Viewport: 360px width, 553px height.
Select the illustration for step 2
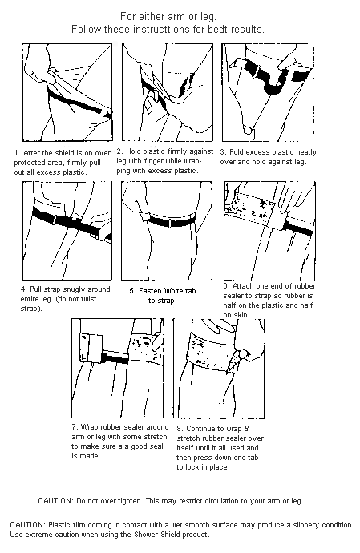[160, 92]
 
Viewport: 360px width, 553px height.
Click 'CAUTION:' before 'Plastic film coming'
[29, 524]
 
